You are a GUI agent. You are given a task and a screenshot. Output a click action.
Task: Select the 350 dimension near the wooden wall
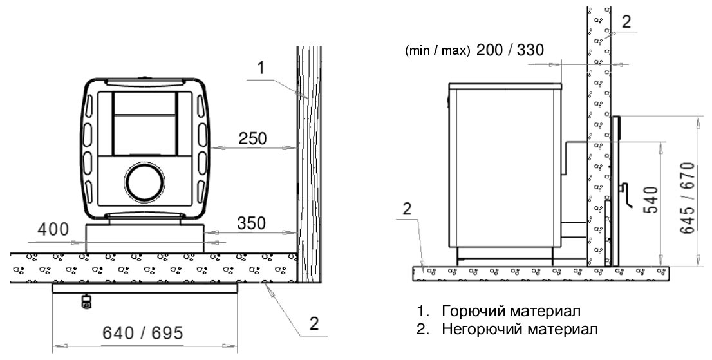pyautogui.click(x=252, y=223)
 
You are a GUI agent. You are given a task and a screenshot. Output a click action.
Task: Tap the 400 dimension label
pyautogui.click(x=53, y=229)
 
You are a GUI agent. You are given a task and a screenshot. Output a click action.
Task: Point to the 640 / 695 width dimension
pyautogui.click(x=142, y=333)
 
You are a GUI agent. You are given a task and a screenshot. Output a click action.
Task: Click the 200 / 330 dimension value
pyautogui.click(x=509, y=50)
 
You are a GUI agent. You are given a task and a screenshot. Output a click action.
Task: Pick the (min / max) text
pyautogui.click(x=437, y=51)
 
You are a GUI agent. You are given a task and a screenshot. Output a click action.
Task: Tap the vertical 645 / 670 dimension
pyautogui.click(x=688, y=198)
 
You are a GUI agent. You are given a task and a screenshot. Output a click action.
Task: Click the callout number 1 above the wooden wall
pyautogui.click(x=260, y=68)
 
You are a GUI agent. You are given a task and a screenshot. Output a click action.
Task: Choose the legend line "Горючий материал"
pyautogui.click(x=511, y=312)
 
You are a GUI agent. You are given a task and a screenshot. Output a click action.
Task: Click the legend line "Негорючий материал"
pyautogui.click(x=520, y=329)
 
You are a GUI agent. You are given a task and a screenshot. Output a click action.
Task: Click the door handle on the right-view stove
pyautogui.click(x=625, y=194)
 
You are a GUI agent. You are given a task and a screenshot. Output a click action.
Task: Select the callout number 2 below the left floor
pyautogui.click(x=314, y=324)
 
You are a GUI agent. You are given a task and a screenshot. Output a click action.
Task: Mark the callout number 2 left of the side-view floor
pyautogui.click(x=407, y=209)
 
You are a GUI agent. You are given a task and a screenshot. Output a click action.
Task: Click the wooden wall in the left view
pyautogui.click(x=308, y=164)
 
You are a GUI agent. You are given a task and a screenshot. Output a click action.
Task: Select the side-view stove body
pyautogui.click(x=505, y=171)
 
